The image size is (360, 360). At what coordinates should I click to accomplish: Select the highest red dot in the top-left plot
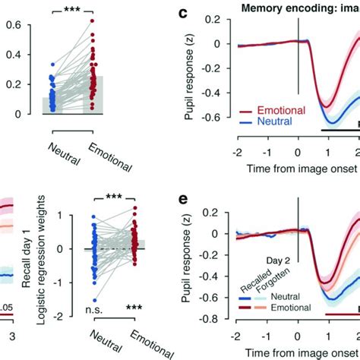tap(93, 21)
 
